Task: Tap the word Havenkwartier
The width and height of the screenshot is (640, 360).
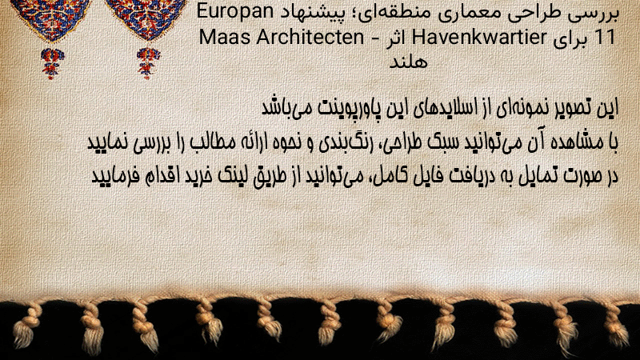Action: [x=478, y=38]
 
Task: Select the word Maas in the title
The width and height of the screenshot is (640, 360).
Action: [x=225, y=38]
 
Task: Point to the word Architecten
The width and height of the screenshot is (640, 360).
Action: [x=310, y=38]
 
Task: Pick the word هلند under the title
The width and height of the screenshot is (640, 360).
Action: [x=408, y=62]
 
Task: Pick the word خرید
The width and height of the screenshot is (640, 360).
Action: [x=197, y=175]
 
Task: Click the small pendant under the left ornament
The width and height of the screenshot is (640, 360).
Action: [x=52, y=63]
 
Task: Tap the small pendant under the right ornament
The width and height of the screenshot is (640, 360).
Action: [x=148, y=63]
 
